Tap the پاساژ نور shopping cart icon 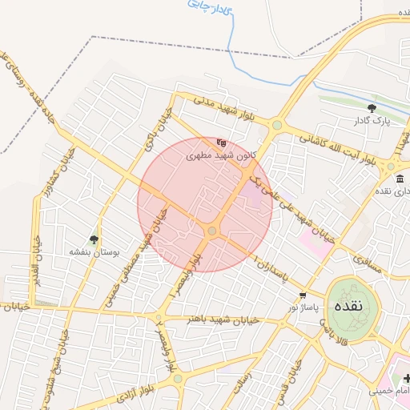click(303, 295)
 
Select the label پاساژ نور click(303, 307)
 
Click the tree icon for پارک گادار click(371, 108)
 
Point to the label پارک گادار click(371, 121)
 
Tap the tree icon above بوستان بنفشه click(94, 239)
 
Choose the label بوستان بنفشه click(94, 251)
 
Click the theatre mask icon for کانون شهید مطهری click(221, 143)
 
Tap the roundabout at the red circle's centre click(212, 231)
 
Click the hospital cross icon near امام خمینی click(399, 377)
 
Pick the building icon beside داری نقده click(400, 178)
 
